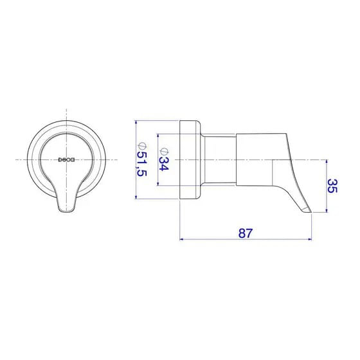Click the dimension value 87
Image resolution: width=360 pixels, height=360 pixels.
[245, 233]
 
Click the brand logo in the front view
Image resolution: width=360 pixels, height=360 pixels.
[67, 159]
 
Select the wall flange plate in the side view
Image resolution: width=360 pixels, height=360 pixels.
[189, 159]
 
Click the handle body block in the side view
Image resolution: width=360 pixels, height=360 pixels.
[253, 161]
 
